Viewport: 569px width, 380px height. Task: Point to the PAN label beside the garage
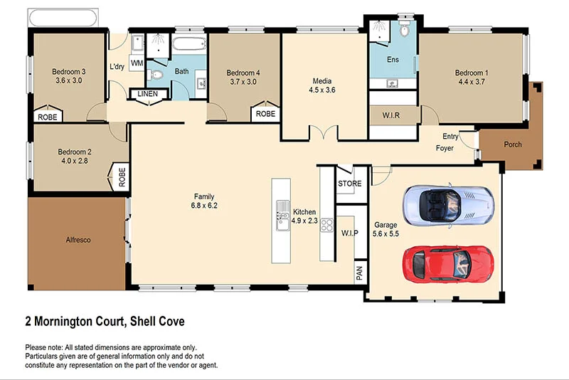coord(360,273)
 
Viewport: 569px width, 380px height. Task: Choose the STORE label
coord(349,184)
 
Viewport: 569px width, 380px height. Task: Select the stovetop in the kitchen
coord(327,226)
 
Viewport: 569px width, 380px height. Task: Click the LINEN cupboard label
coord(148,94)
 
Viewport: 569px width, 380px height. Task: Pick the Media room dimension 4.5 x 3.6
coord(321,90)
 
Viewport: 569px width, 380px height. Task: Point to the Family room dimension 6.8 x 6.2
coord(204,206)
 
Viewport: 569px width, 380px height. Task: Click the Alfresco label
coord(78,240)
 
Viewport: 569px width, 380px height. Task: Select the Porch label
coord(512,144)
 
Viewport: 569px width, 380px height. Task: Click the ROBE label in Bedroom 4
coord(265,114)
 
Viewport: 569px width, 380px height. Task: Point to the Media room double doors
coord(321,134)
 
